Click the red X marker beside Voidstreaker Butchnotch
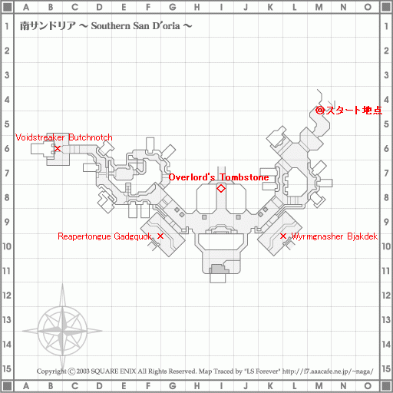[x=58, y=148]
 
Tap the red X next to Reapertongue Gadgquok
[x=160, y=236]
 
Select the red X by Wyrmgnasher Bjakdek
[x=283, y=236]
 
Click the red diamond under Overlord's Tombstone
[x=221, y=189]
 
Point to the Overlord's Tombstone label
[x=219, y=177]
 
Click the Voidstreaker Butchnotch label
[x=64, y=137]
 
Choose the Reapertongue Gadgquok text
[x=105, y=236]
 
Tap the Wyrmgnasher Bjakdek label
[x=335, y=236]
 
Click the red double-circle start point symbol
[x=320, y=111]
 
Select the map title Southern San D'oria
[x=136, y=26]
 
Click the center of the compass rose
[x=62, y=331]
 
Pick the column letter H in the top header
[x=196, y=7]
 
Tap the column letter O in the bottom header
[x=368, y=385]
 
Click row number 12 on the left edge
[x=7, y=296]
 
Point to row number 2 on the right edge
[x=386, y=51]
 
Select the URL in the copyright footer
[x=328, y=372]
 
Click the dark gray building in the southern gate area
[x=220, y=269]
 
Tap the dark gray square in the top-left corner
[x=7, y=7]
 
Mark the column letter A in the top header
[x=26, y=7]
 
